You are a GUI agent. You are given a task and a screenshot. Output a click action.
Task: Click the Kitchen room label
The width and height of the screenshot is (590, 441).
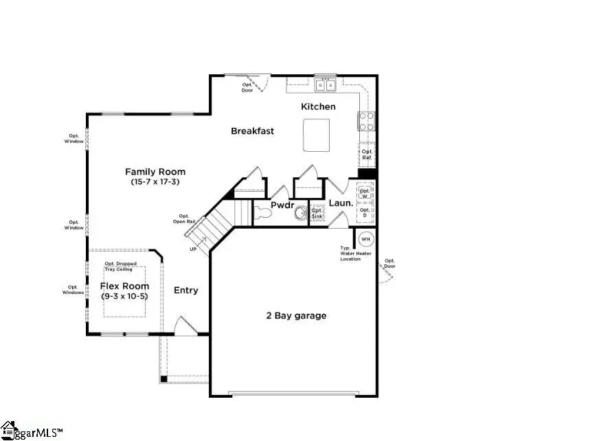point(318,106)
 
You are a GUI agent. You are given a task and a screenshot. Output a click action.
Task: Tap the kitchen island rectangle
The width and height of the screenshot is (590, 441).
point(316,134)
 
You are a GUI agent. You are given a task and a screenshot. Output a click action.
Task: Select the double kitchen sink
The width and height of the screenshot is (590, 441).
point(325,85)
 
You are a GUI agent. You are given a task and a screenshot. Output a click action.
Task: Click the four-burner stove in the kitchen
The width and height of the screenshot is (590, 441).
point(366,122)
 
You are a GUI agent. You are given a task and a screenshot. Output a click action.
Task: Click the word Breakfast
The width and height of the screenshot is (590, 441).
point(252,131)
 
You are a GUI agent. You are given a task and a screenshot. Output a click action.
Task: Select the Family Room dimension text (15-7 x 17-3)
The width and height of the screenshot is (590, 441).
point(155,182)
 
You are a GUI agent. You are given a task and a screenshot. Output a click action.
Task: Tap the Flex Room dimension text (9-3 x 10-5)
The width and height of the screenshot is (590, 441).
point(124,296)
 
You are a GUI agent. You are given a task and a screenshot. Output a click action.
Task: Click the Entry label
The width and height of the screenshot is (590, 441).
point(185,291)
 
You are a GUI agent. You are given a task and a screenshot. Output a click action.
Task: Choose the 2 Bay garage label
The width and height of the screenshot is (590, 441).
point(296,316)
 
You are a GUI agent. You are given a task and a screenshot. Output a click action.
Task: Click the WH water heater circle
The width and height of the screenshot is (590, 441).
point(365,240)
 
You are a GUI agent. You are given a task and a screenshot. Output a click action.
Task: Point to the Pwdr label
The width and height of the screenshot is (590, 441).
point(282,204)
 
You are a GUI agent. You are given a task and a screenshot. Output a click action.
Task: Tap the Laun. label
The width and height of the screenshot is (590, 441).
point(341,203)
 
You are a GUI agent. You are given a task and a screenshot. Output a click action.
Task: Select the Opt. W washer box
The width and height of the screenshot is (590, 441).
point(365,192)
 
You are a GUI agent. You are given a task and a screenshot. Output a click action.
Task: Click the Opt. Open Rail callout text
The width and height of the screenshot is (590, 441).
point(184,218)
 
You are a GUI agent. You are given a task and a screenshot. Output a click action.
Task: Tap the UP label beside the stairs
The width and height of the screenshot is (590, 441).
point(193,248)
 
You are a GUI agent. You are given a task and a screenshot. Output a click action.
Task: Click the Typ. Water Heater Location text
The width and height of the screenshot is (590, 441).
point(355,253)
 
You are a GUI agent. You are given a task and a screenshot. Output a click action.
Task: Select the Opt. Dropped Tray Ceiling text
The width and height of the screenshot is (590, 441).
point(120,266)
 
